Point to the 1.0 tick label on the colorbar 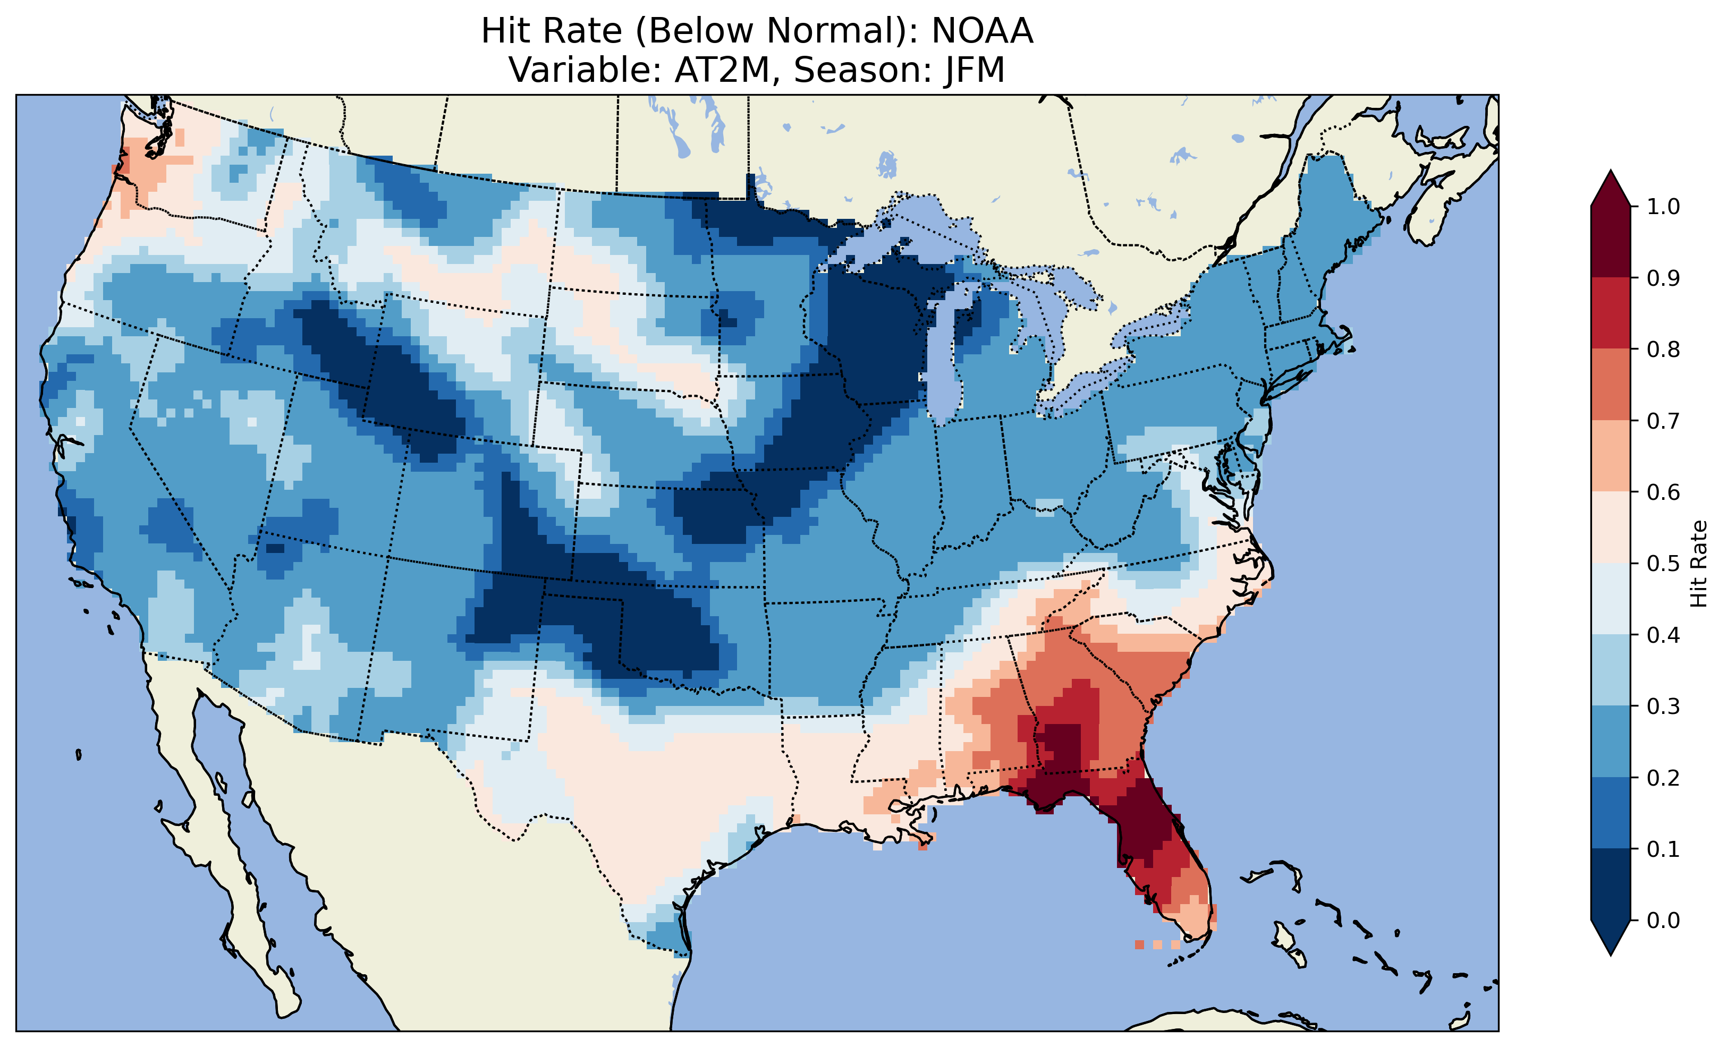(x=1663, y=207)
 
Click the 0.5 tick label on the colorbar (x=1663, y=564)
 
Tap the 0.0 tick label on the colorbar (x=1663, y=920)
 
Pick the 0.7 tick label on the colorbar (x=1663, y=421)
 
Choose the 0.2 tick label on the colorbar (x=1663, y=778)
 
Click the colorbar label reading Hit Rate (x=1698, y=564)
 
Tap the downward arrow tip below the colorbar (x=1611, y=952)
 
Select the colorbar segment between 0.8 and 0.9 (x=1611, y=313)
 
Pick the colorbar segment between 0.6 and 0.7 (x=1611, y=456)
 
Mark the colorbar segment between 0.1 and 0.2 (x=1611, y=813)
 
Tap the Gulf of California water (x=231, y=827)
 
